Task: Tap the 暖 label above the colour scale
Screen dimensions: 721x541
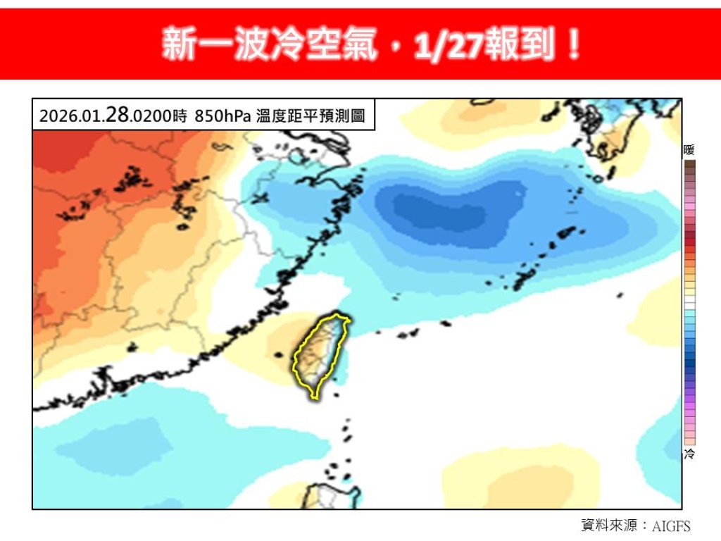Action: (689, 149)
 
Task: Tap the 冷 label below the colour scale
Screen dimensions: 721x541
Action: (689, 454)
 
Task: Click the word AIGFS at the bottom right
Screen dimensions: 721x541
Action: (671, 526)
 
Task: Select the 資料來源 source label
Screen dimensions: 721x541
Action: (610, 526)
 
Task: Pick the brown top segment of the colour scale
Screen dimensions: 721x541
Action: (690, 165)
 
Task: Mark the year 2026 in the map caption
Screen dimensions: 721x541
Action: (54, 117)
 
